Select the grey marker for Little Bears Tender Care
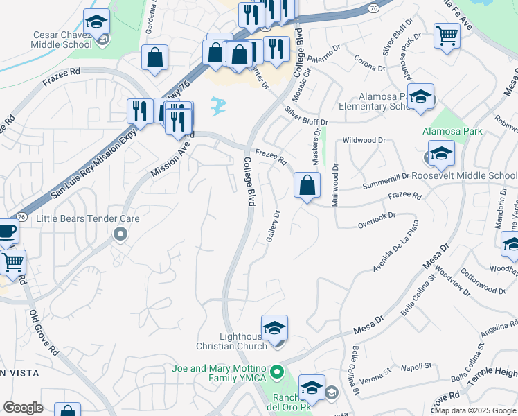pyautogui.click(x=120, y=234)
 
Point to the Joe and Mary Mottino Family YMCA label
pyautogui.click(x=220, y=372)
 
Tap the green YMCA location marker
pyautogui.click(x=277, y=372)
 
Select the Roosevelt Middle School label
pyautogui.click(x=464, y=176)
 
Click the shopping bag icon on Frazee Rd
pyautogui.click(x=307, y=186)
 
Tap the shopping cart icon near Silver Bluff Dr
pyautogui.click(x=447, y=35)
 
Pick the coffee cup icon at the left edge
pyautogui.click(x=6, y=232)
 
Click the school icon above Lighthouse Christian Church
pyautogui.click(x=274, y=327)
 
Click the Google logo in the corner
pyautogui.click(x=23, y=408)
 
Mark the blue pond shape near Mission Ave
pyautogui.click(x=219, y=105)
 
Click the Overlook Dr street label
pyautogui.click(x=376, y=220)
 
